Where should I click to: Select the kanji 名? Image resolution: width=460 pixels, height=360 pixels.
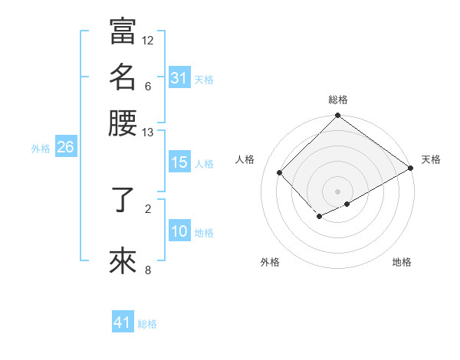[x=123, y=77]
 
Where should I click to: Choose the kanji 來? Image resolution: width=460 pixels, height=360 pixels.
[x=123, y=260]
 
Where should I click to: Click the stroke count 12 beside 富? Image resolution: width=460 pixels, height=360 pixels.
[x=148, y=40]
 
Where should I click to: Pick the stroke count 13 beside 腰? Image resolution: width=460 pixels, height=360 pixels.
[x=148, y=132]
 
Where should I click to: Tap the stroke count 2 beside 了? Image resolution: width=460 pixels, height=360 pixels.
[x=148, y=208]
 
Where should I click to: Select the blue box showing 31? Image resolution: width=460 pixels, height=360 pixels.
[x=179, y=77]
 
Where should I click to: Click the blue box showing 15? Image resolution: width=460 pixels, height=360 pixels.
[x=179, y=162]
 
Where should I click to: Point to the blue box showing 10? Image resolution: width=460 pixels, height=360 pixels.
[x=179, y=231]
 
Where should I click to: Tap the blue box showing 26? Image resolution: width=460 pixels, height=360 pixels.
[x=65, y=148]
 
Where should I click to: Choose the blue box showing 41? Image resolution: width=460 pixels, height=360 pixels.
[x=123, y=322]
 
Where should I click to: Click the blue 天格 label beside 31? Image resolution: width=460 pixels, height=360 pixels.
[x=204, y=79]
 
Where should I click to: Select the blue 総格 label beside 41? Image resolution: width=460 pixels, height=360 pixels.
[x=147, y=324]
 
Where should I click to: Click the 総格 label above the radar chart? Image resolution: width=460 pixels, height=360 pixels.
[x=338, y=100]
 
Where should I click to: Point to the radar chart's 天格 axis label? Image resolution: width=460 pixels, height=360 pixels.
[x=431, y=159]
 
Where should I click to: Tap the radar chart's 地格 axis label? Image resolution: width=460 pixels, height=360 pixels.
[x=402, y=262]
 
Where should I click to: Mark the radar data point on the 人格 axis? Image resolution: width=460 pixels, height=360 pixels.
[x=280, y=172]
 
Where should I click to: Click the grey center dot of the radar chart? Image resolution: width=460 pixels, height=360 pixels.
[x=338, y=191]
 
